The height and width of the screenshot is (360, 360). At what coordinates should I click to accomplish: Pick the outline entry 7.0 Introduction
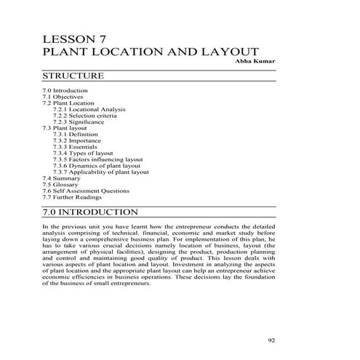click(x=65, y=90)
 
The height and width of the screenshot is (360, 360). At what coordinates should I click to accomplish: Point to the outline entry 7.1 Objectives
click(x=63, y=97)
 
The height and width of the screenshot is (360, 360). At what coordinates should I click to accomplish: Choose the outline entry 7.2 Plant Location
click(x=68, y=103)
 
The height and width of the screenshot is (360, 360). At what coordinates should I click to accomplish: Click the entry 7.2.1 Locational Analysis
click(x=89, y=110)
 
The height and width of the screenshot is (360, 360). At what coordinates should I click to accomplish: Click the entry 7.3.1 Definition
click(x=76, y=135)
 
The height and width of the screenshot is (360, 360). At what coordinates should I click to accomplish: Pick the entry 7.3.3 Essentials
click(x=77, y=147)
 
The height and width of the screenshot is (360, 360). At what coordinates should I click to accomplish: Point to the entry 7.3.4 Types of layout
click(x=83, y=153)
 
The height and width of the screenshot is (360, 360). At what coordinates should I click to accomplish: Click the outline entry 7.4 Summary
click(x=62, y=179)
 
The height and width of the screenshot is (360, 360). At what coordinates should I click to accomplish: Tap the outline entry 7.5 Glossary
click(x=61, y=185)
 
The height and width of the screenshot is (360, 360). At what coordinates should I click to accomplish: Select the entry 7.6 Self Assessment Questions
click(x=80, y=191)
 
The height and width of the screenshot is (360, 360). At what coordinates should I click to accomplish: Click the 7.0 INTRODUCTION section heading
click(x=91, y=212)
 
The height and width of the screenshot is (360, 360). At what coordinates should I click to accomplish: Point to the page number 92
click(x=273, y=340)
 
